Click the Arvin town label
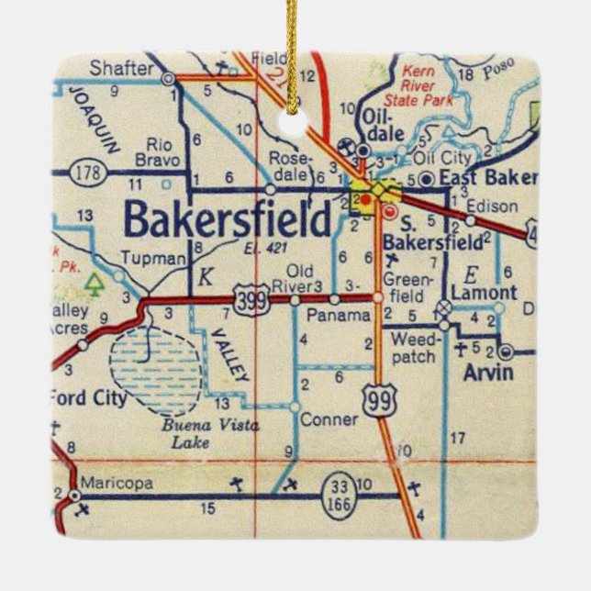click(474, 373)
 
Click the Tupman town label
click(152, 259)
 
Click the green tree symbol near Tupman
click(92, 285)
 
